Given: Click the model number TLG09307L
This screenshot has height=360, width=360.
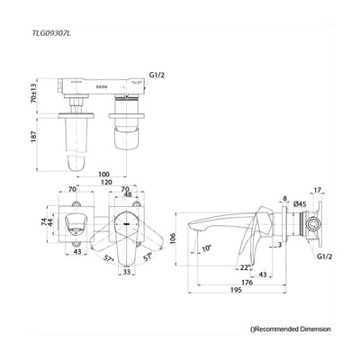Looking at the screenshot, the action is point(51,33).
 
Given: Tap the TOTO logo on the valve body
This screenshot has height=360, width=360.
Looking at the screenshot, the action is point(102,87).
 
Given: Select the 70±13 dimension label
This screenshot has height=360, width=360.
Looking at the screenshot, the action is point(33,94).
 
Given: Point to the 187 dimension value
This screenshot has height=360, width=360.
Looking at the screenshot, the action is point(33,137).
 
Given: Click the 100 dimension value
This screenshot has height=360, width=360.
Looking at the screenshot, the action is point(103,174).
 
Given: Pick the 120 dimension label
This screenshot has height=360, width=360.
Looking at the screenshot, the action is point(106,182).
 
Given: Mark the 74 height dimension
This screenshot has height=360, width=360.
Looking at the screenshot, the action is point(44,222).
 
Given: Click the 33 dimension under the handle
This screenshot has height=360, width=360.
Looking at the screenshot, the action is point(127,272).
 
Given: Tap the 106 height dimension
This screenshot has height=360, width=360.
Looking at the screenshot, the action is point(173,238).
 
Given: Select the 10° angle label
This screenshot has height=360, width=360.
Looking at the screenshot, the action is point(207,248).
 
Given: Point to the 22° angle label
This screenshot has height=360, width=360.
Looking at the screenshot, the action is point(245,267).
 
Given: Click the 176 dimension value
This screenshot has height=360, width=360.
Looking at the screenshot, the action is point(247,283).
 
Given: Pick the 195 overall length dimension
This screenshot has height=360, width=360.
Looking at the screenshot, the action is point(236,290).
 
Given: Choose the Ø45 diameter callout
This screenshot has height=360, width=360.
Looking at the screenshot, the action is point(300,203).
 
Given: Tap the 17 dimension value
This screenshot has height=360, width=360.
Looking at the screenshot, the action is point(318,190).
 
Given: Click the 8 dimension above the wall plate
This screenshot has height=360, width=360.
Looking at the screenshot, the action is point(284,198).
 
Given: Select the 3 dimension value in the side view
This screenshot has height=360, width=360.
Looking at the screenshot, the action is point(280,245).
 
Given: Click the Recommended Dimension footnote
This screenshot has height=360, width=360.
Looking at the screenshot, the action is point(291,329).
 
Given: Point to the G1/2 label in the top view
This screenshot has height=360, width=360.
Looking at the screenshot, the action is point(157,75).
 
